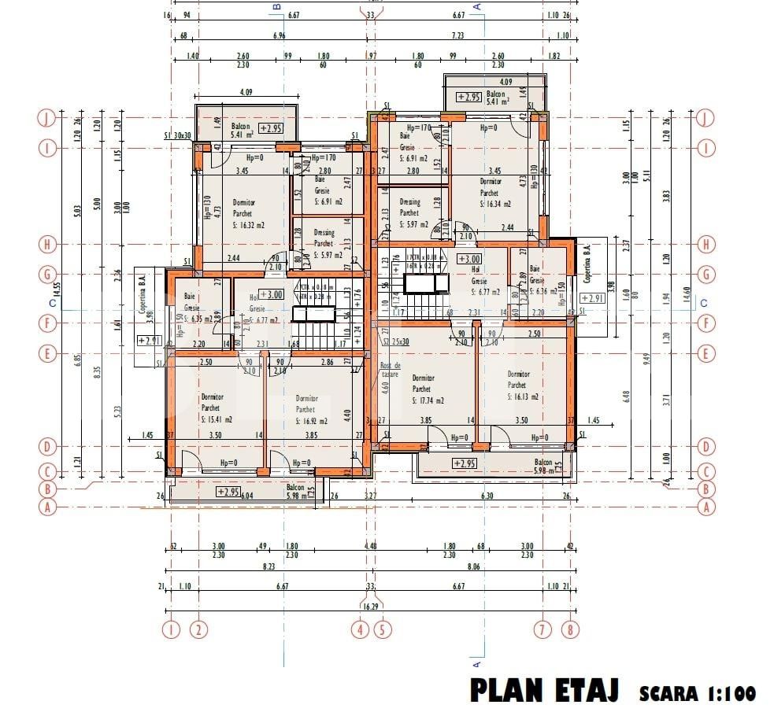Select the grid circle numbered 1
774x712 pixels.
pyautogui.click(x=170, y=629)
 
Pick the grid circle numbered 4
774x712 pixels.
pyautogui.click(x=361, y=629)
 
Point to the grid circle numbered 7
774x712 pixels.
pyautogui.click(x=542, y=629)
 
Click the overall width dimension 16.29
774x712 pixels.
pyautogui.click(x=370, y=607)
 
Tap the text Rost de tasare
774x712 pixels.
pyautogui.click(x=391, y=371)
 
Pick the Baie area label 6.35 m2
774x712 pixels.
pyautogui.click(x=197, y=319)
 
